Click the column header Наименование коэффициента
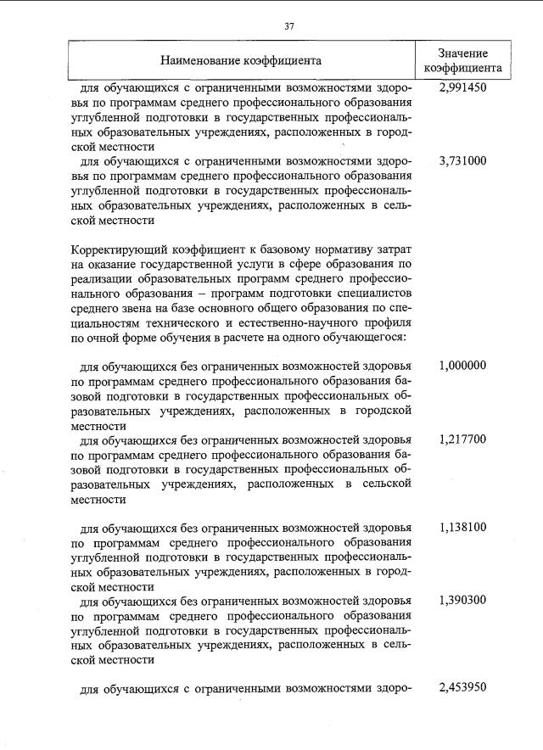(240, 61)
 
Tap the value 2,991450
(463, 87)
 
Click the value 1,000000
(463, 366)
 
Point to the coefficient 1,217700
(463, 439)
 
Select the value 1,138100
(463, 527)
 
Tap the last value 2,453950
(463, 688)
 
